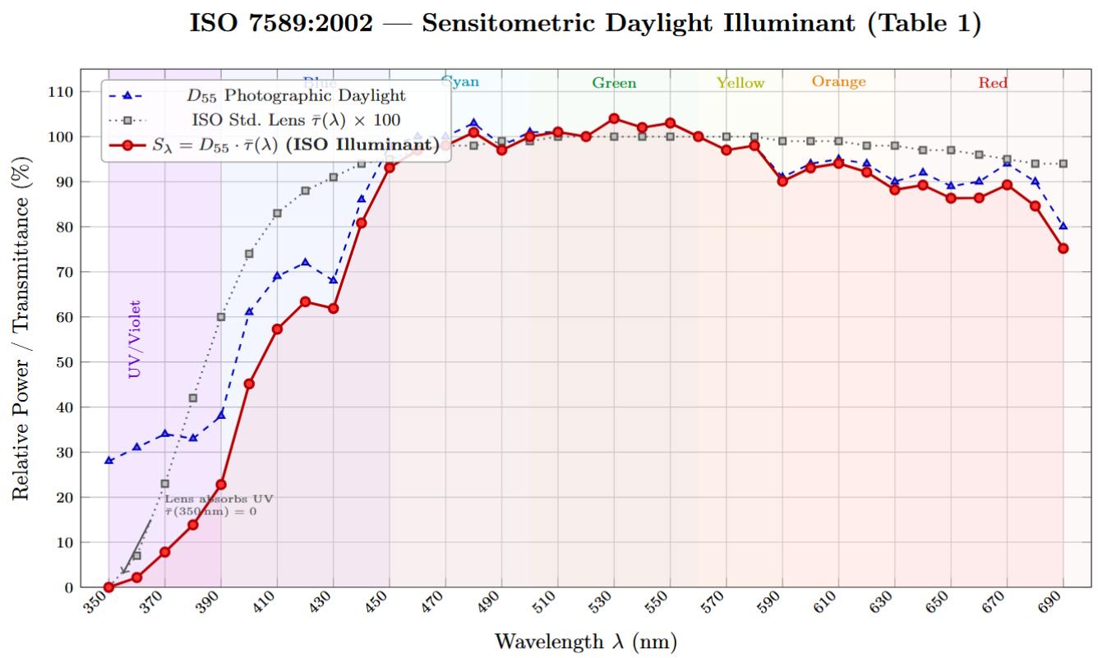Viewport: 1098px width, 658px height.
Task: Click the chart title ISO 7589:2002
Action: [x=585, y=23]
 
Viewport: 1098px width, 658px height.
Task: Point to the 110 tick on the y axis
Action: [x=62, y=92]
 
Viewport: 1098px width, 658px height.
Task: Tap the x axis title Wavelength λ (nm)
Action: [x=585, y=642]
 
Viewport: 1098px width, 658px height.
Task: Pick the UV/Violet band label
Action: [x=135, y=339]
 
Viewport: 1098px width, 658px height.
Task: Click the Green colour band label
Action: [x=614, y=83]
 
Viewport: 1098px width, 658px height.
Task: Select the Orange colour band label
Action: [x=838, y=81]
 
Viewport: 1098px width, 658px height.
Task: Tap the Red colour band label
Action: [x=993, y=83]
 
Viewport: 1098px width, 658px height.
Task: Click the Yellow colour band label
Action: [x=740, y=83]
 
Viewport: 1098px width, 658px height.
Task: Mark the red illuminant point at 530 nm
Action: [x=614, y=118]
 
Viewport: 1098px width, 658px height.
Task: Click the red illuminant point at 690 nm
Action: [x=1063, y=248]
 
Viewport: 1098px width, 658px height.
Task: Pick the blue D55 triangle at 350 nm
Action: [x=108, y=460]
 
